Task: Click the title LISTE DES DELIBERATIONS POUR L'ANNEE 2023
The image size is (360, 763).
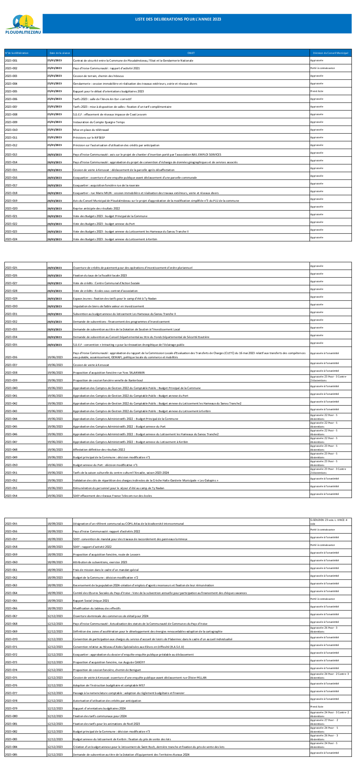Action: (x=178, y=19)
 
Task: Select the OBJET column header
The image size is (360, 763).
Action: (x=191, y=53)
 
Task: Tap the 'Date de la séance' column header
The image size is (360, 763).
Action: (x=60, y=53)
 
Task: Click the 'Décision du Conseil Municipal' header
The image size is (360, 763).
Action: (x=331, y=53)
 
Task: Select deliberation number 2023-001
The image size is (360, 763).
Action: (x=12, y=61)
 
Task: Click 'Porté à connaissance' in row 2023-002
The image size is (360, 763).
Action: (x=322, y=68)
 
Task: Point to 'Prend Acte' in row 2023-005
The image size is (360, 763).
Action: (x=317, y=91)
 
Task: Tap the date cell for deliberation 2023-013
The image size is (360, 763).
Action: (x=55, y=155)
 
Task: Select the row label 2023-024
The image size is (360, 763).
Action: (x=12, y=239)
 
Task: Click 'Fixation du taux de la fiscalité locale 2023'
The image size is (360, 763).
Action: (x=100, y=276)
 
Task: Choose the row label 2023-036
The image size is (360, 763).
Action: (x=12, y=357)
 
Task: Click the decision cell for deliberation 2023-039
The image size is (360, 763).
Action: (x=329, y=378)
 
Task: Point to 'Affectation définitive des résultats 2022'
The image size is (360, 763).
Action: (x=99, y=450)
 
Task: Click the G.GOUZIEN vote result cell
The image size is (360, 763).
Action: (x=329, y=521)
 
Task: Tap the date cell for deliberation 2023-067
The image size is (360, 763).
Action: (x=55, y=616)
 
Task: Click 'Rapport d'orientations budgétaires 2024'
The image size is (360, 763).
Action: (x=99, y=708)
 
